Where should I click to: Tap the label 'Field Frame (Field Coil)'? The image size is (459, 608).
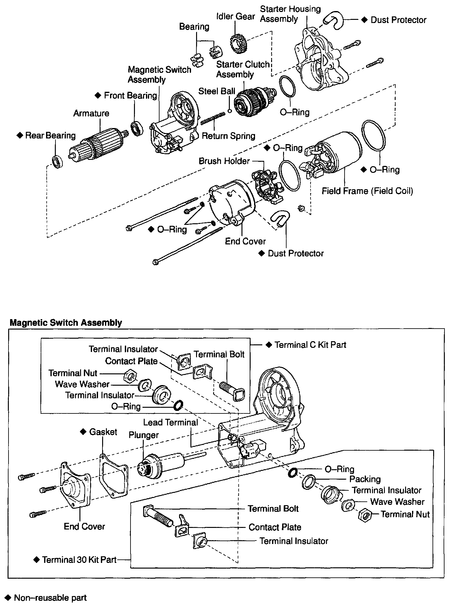pos(367,191)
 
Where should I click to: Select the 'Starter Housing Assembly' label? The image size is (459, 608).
pos(290,14)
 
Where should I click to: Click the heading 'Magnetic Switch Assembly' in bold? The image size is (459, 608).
pos(66,323)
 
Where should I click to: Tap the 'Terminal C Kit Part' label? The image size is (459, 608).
pos(310,345)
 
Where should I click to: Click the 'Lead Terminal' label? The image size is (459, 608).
pos(171,422)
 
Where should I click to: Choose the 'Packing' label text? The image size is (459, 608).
pos(365,479)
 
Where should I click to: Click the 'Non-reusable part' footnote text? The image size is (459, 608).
pos(50,598)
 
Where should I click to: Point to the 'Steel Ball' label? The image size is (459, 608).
pos(217,91)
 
